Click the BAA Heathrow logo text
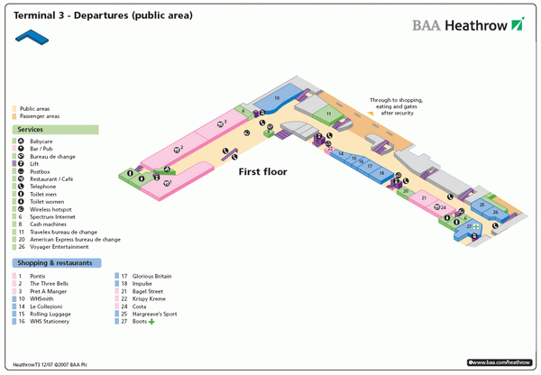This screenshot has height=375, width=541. (460, 25)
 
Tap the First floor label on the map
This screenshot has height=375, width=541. (262, 171)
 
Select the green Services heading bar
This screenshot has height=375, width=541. (54, 130)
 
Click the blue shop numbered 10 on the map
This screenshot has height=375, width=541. (278, 97)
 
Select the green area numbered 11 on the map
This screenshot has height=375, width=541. (329, 114)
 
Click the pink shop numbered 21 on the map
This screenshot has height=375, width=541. (423, 197)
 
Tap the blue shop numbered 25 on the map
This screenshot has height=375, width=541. (494, 215)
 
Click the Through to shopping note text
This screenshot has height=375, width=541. (397, 106)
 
